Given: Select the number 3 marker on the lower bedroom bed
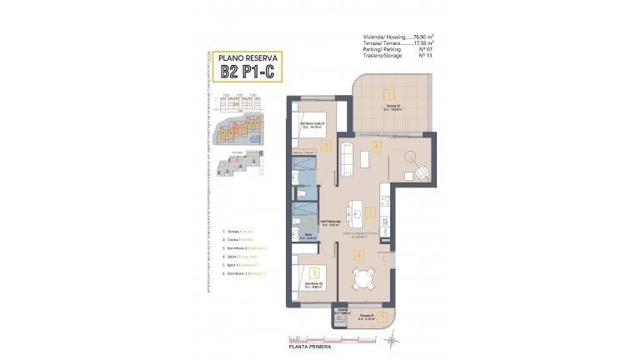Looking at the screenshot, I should pyautogui.click(x=313, y=272).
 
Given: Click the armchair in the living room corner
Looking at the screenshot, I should pyautogui.click(x=421, y=172).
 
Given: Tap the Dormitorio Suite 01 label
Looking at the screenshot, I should pyautogui.click(x=311, y=125).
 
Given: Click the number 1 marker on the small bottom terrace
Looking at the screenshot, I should pyautogui.click(x=380, y=316).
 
